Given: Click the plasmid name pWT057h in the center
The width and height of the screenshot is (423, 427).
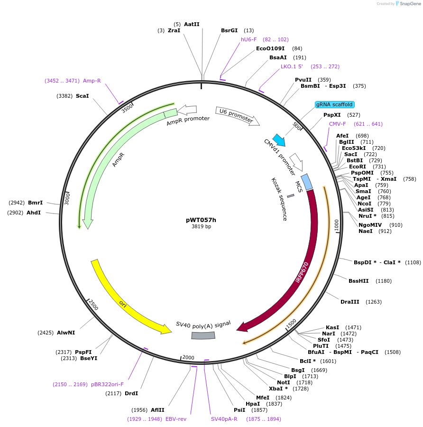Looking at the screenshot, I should [201, 220].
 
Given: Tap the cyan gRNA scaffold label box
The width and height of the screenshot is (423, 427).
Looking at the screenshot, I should [335, 104].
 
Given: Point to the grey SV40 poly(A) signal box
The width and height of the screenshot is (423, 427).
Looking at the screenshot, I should [203, 335].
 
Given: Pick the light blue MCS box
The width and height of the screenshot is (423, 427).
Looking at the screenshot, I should [307, 182].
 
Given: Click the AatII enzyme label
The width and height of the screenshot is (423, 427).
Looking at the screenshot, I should [192, 24].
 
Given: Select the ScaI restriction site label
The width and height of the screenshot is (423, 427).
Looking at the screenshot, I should [82, 96].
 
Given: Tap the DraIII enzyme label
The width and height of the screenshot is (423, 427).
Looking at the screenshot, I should [351, 302].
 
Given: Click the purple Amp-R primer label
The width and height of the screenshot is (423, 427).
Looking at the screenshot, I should [92, 81].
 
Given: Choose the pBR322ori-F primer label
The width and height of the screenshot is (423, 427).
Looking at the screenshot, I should [107, 384].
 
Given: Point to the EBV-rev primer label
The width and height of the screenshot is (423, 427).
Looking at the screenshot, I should [176, 419].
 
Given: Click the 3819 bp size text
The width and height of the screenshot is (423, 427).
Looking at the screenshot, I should [201, 227].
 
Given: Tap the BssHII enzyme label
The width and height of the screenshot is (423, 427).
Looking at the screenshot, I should [359, 281].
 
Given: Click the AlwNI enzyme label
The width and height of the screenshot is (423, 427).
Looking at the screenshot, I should [66, 333].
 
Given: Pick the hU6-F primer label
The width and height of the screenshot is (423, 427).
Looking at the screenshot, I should [248, 39].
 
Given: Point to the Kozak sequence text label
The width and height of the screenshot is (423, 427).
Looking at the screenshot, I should [279, 199].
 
